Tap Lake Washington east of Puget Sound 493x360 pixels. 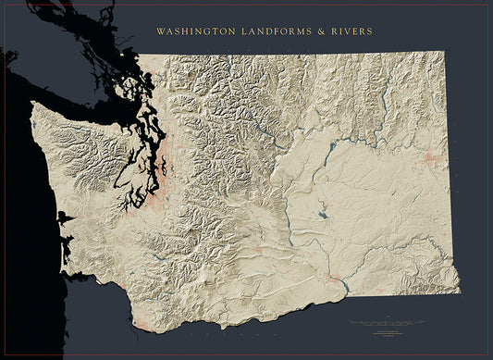[165, 169]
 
